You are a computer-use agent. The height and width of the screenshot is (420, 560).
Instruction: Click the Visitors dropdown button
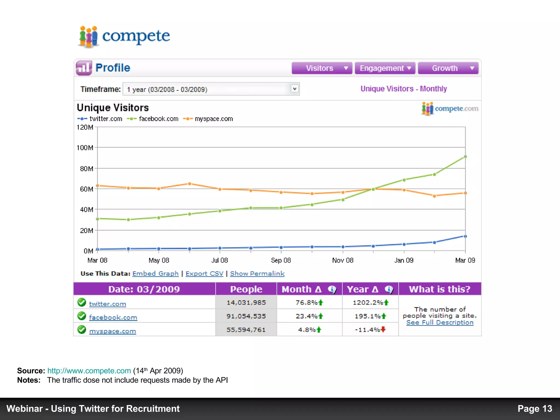coord(322,68)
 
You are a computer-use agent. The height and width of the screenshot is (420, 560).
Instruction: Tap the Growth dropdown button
coord(448,68)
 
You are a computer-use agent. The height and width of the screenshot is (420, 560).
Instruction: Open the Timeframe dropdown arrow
coord(294,89)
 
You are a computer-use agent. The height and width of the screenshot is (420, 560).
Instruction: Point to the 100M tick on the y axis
coord(85,148)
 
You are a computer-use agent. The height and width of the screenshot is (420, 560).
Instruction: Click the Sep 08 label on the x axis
coord(281,260)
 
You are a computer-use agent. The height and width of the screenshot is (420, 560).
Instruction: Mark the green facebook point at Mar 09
coord(465,157)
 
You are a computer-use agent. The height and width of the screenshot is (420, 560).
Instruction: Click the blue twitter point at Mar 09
coord(465,236)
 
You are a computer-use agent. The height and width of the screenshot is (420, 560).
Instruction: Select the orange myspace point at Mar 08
coord(97,186)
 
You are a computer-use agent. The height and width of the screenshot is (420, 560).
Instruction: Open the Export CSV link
coord(204,274)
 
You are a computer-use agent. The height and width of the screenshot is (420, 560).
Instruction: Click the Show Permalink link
coord(257,274)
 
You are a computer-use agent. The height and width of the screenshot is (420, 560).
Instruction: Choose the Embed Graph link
coord(155,274)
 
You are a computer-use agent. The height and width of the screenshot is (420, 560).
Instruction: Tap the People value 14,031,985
coord(246,303)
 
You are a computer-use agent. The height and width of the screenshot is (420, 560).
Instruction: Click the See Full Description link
coord(440,323)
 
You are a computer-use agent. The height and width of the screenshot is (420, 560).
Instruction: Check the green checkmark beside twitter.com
coord(81,302)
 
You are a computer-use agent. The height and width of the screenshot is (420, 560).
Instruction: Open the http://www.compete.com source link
coord(89,371)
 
